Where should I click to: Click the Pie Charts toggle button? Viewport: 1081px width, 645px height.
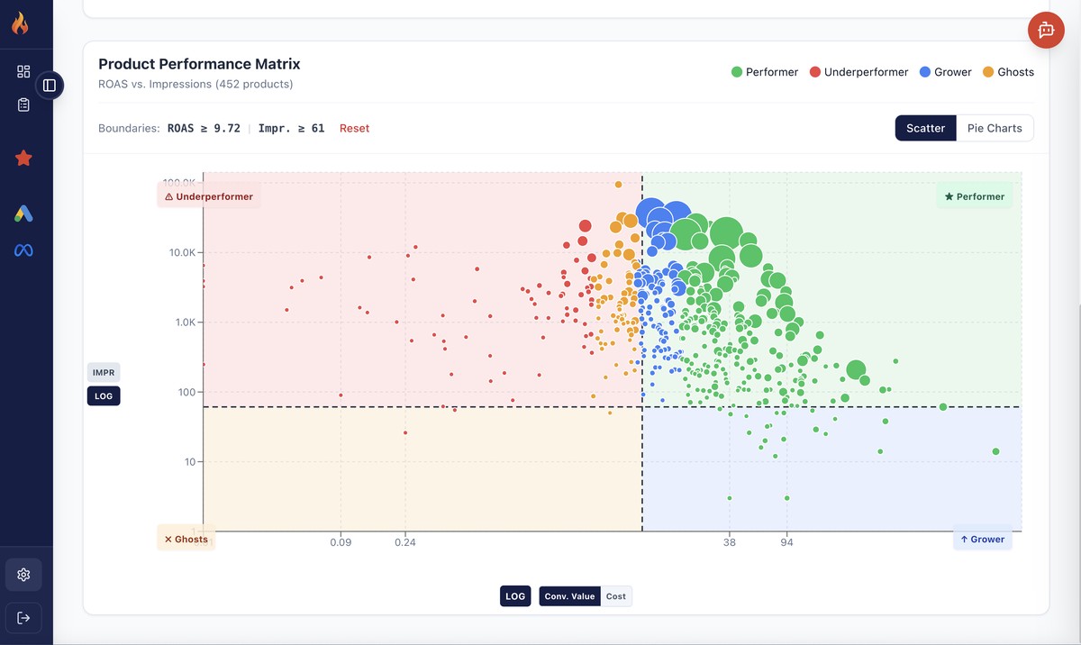(x=995, y=128)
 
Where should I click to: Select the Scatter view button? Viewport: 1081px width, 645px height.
(x=925, y=128)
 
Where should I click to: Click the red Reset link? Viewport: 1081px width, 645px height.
(x=354, y=128)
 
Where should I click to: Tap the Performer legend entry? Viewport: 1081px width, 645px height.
(x=765, y=72)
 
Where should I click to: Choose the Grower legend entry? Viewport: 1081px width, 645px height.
(x=946, y=72)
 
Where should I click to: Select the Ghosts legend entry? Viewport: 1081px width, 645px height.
(x=1008, y=72)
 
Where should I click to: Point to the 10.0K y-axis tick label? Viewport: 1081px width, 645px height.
(x=182, y=252)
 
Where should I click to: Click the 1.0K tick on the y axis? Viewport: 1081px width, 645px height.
(x=185, y=322)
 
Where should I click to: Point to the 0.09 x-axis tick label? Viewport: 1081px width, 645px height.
(x=341, y=542)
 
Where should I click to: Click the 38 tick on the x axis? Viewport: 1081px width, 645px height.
(x=730, y=542)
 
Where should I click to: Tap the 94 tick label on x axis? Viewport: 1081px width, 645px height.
(x=787, y=542)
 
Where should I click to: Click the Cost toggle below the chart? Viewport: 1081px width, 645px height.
(x=616, y=596)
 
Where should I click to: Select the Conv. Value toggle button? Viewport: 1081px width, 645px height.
(x=569, y=596)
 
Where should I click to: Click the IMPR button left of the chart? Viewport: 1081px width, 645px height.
(x=104, y=372)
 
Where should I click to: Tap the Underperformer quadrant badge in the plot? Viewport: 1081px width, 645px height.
(x=209, y=196)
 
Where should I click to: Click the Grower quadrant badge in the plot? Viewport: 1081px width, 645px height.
(x=982, y=540)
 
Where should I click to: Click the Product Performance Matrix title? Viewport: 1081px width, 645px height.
(x=199, y=64)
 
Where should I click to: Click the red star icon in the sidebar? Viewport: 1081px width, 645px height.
(x=23, y=159)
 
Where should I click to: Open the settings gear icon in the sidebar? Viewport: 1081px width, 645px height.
(x=23, y=575)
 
